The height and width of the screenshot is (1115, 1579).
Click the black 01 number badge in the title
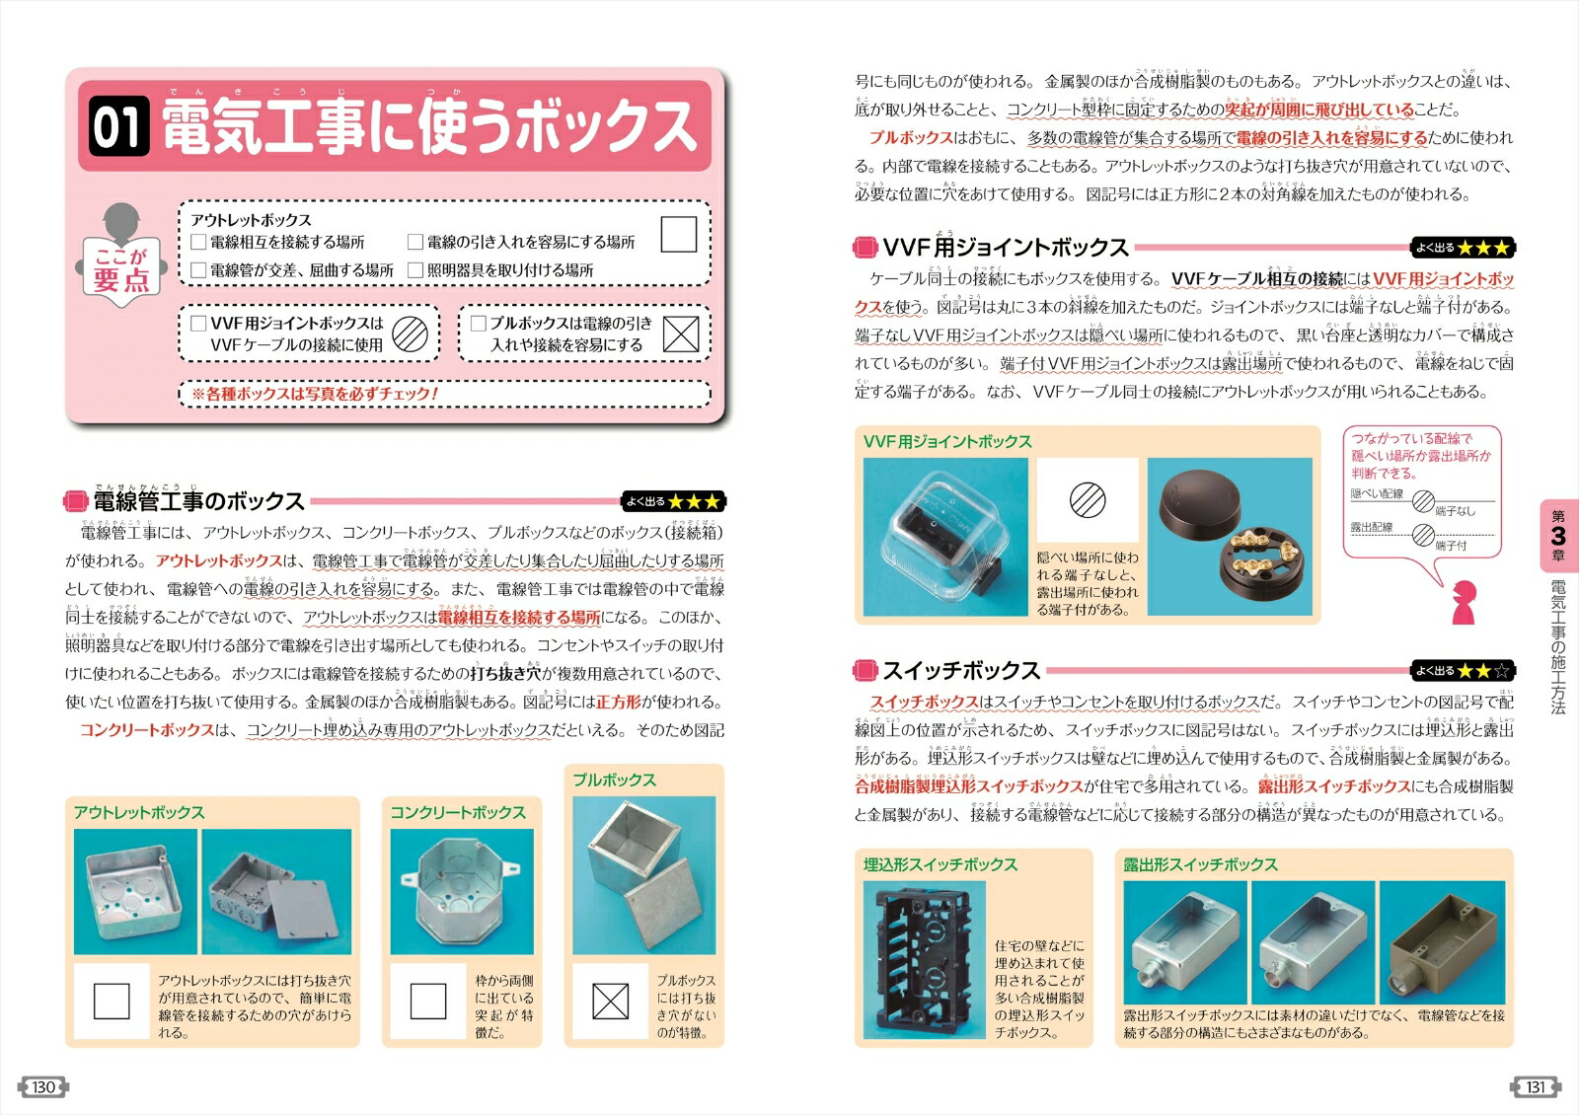(118, 127)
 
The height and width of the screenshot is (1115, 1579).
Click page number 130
(43, 1087)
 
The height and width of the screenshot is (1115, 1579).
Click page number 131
(1535, 1087)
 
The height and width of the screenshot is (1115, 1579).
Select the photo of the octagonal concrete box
(461, 891)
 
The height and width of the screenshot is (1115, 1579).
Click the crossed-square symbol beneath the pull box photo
(610, 1002)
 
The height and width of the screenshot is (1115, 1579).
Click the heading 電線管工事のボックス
(197, 501)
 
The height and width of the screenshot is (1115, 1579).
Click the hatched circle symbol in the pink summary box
(411, 334)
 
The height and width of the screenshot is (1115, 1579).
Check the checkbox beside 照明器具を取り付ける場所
(415, 269)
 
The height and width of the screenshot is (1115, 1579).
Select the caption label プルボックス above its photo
(614, 780)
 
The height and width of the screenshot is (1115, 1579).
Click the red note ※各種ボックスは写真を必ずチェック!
(315, 394)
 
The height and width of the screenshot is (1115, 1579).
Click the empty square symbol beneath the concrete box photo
(427, 1002)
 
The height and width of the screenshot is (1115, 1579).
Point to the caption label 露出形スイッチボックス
(1200, 864)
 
